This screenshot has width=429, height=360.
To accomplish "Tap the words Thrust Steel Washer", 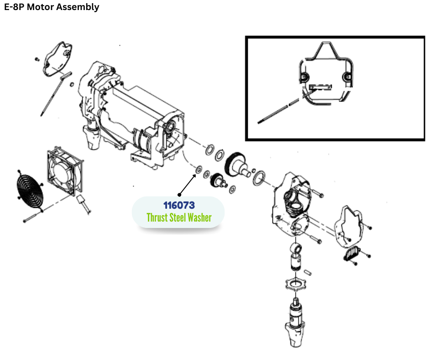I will tap(179, 217).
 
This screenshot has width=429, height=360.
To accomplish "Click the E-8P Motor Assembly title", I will tap(52, 7).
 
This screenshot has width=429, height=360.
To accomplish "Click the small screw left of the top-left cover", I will tap(36, 59).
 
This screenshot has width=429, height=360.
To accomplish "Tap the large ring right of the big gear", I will tap(260, 177).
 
